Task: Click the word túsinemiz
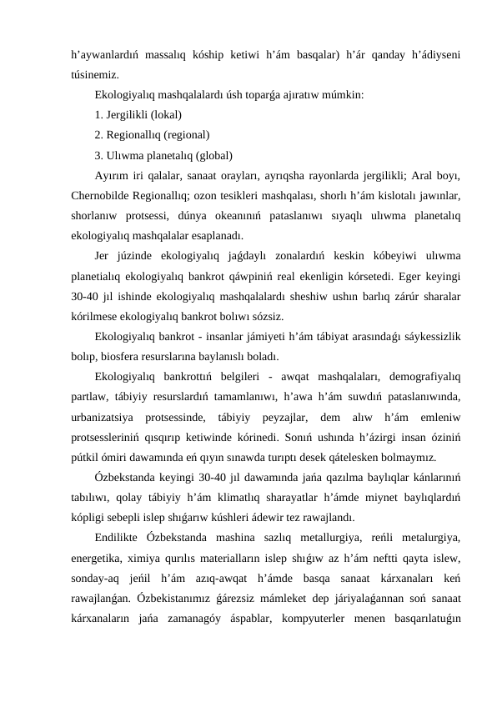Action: pyautogui.click(x=94, y=74)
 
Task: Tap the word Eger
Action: pyautogui.click(x=399, y=276)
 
